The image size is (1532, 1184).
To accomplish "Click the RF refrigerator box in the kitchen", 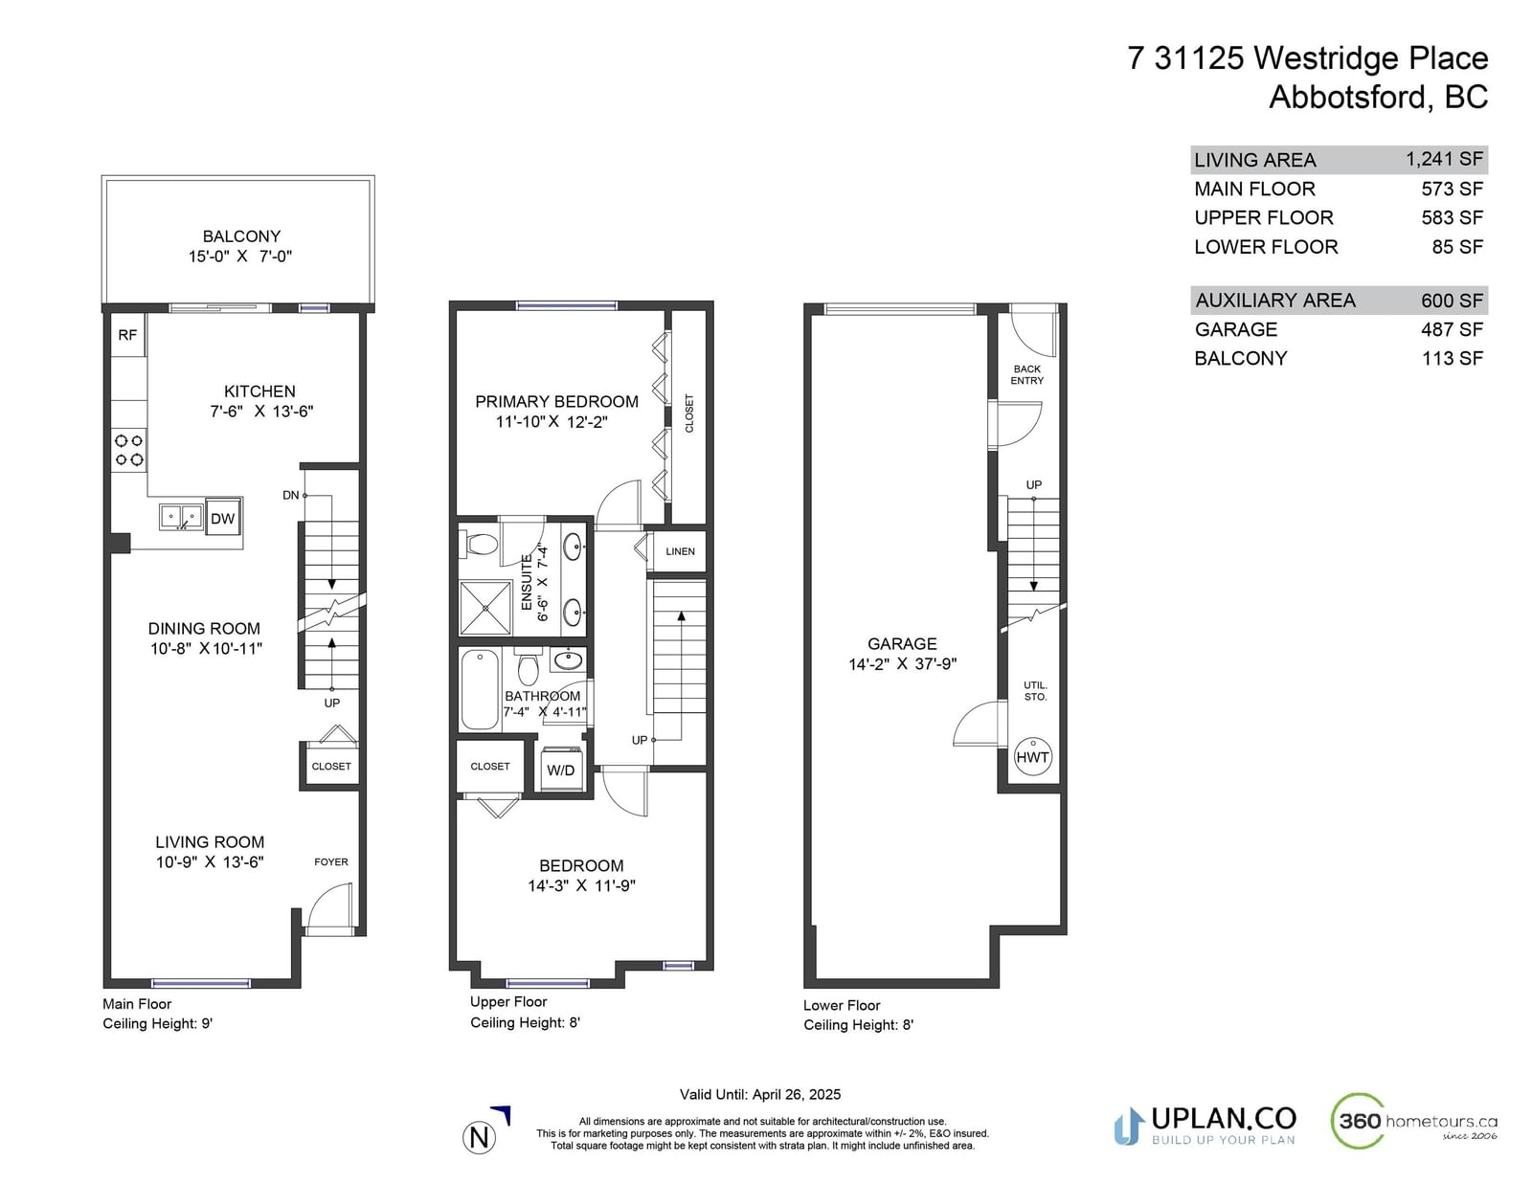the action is [128, 335].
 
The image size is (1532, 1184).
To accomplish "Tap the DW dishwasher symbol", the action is [223, 518].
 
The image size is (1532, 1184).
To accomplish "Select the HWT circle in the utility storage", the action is [1032, 758].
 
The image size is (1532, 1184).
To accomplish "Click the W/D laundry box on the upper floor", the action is [560, 770].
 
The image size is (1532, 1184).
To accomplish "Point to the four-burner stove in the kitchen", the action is [129, 451].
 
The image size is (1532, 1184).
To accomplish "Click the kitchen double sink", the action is [181, 517].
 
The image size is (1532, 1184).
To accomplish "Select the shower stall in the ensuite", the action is [485, 608].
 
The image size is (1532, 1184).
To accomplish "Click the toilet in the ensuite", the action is [482, 544].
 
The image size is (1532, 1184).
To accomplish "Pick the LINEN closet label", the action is [681, 551].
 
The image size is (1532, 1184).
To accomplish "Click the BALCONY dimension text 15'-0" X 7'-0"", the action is [240, 257].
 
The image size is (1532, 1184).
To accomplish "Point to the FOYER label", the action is [331, 861].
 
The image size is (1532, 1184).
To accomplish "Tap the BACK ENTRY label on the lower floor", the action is [1027, 374].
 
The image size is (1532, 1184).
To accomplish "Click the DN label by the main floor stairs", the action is [291, 495].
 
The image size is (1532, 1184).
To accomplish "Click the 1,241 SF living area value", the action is [1445, 159].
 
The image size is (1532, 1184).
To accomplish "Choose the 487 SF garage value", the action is [1453, 329].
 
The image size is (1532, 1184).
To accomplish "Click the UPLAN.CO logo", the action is [1205, 1126].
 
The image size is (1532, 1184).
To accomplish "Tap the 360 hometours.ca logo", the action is [1414, 1121].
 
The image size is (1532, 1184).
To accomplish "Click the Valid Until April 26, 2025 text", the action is [760, 1094].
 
